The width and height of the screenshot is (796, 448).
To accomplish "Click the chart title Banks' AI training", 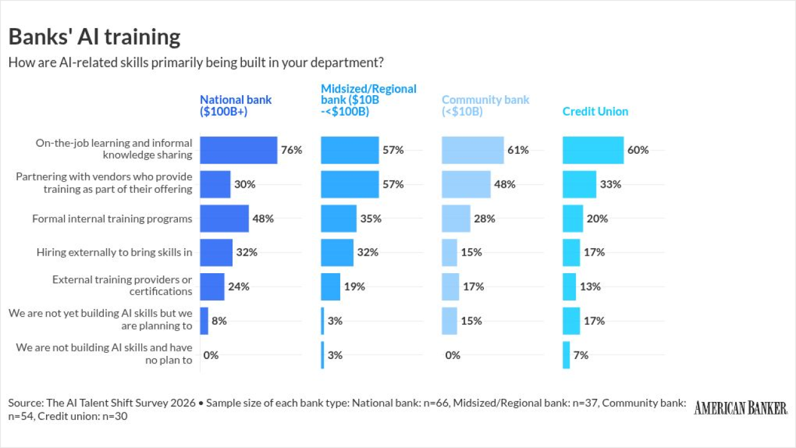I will coord(95,37).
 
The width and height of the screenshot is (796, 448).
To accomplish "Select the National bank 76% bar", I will coord(238,150).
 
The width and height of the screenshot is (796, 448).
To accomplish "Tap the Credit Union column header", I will coord(595,111).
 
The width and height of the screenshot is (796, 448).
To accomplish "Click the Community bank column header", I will coord(486,106).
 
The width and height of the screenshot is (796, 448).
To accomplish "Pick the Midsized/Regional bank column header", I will coord(369,100).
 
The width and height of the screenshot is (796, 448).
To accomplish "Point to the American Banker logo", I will coord(741,408).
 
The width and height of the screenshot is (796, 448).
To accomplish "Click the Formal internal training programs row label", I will coord(112,218).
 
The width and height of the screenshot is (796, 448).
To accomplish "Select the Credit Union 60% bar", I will coord(593,150).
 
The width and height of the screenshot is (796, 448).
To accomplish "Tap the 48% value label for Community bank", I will coord(505,184).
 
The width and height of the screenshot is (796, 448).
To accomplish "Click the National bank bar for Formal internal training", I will coord(224,218).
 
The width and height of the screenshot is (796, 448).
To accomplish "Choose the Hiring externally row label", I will coord(114,252).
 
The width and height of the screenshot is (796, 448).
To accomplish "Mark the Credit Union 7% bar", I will coord(566,355).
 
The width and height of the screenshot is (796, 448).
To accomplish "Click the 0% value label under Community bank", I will coord(453,355).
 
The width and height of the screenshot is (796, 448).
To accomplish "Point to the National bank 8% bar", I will coord(204,320).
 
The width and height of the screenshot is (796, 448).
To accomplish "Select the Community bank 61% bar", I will coord(473,150).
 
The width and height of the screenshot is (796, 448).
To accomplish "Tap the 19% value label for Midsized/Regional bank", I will coord(354,286).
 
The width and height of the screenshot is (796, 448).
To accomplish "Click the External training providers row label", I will coord(122,286).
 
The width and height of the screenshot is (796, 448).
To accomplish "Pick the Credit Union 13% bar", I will coord(569,286).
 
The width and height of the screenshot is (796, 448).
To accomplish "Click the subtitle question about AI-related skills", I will coord(196,63).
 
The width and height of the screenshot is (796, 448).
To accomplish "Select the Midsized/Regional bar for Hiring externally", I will coord(337,252).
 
